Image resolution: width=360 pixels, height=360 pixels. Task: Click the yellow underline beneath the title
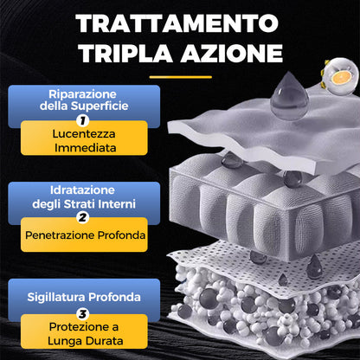click(x=180, y=77)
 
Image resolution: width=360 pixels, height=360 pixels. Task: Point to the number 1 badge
click(x=82, y=121)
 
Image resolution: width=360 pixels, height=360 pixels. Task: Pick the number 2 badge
click(x=82, y=217)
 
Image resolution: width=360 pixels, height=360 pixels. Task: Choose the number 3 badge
click(x=82, y=313)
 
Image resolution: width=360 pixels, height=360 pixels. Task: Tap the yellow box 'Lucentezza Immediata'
click(x=84, y=139)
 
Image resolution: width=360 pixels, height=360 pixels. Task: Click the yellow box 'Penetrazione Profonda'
click(x=84, y=234)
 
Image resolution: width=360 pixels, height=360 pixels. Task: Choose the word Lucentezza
click(x=84, y=132)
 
